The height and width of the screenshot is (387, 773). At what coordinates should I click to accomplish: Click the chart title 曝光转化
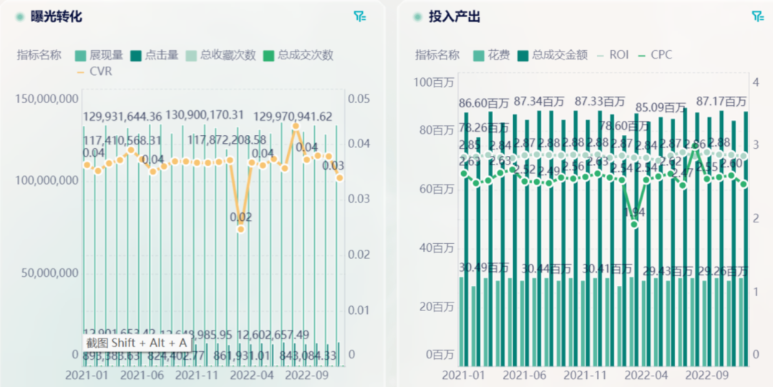click(x=57, y=16)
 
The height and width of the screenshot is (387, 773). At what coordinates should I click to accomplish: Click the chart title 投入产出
click(x=454, y=16)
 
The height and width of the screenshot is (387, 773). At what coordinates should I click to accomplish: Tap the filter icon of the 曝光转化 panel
click(x=359, y=16)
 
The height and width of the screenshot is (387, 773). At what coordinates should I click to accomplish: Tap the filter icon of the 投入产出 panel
click(x=757, y=16)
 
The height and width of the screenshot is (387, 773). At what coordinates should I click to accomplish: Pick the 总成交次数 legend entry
click(x=298, y=55)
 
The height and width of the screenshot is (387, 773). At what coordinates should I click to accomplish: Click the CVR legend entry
click(x=94, y=72)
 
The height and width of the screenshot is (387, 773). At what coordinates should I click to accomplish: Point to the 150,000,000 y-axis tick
click(x=45, y=98)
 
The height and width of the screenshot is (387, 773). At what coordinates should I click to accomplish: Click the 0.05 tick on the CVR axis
click(x=359, y=98)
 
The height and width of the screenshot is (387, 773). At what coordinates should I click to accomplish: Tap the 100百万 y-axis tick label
click(x=434, y=82)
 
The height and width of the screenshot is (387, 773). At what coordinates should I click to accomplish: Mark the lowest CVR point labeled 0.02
click(x=240, y=229)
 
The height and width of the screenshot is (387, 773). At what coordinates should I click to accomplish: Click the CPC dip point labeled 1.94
click(x=634, y=224)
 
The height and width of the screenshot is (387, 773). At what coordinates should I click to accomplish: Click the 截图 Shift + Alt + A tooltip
click(x=136, y=343)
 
